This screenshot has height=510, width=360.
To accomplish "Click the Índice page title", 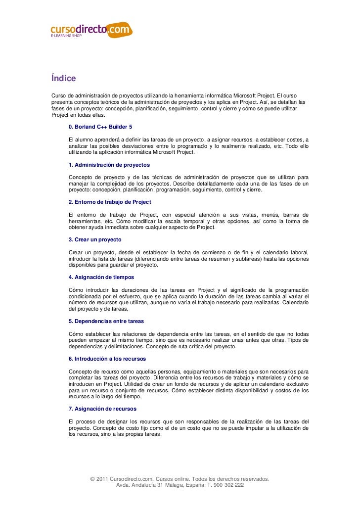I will [x=63, y=79].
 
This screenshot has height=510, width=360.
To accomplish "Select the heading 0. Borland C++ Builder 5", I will [x=100, y=127].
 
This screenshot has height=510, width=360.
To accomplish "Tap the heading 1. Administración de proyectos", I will [x=109, y=164].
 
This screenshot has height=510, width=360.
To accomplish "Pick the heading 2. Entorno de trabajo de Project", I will [x=110, y=202].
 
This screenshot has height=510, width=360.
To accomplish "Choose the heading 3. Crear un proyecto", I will [x=95, y=239].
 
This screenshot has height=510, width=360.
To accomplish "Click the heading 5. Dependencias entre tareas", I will [x=106, y=321].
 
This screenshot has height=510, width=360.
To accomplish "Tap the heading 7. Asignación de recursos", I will [x=102, y=409].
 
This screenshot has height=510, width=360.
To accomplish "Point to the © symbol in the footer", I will [x=93, y=479].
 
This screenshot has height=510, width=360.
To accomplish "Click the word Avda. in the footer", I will [x=123, y=485].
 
